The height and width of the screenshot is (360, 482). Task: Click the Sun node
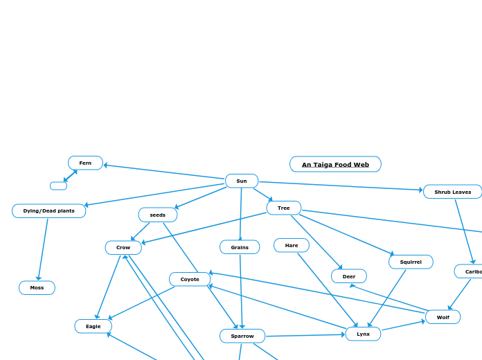[x=242, y=181]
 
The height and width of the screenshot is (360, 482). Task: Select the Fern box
[x=85, y=163]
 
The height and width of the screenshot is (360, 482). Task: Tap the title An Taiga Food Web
[x=335, y=164]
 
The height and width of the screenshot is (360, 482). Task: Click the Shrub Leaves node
[x=452, y=192]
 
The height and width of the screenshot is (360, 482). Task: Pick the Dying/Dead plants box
[x=48, y=210]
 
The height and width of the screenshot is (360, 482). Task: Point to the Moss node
[x=37, y=287]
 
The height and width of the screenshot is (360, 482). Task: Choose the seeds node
[x=158, y=215]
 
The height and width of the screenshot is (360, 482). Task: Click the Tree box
[x=284, y=208]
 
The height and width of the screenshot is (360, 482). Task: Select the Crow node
[x=123, y=247]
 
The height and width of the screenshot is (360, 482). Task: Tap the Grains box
[x=240, y=247]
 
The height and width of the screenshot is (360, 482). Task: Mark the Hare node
[x=292, y=245]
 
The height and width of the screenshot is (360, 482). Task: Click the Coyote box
[x=190, y=279]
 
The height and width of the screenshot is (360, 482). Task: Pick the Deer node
[x=349, y=276]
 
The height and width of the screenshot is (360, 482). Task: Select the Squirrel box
[x=411, y=262]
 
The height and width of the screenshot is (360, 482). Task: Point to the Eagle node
[x=93, y=326]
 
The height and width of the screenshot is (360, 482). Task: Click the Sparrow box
[x=242, y=336]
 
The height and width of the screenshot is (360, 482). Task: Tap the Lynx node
[x=363, y=334]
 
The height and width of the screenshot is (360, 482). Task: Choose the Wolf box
[x=443, y=317]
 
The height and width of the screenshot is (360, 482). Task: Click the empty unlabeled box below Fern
[x=58, y=186]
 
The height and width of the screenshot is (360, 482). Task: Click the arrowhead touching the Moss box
[x=39, y=278]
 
